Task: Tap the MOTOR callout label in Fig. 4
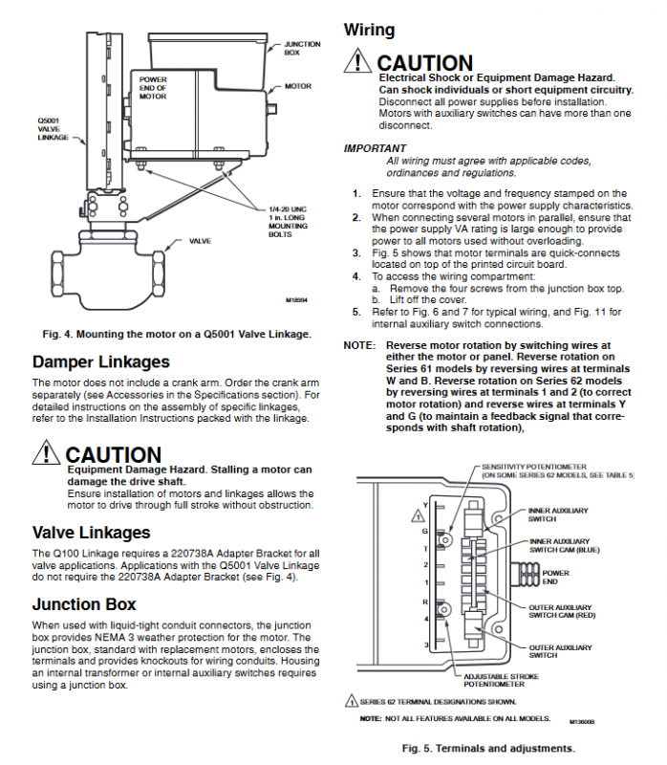click(297, 86)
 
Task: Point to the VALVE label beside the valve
click(200, 241)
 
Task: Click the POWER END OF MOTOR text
click(153, 88)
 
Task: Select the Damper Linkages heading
click(100, 361)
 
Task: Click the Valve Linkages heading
click(91, 532)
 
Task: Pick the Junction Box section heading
click(84, 604)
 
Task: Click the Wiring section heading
click(369, 30)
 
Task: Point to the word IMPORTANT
click(375, 148)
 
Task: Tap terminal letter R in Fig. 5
click(425, 602)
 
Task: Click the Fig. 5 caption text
click(487, 748)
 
